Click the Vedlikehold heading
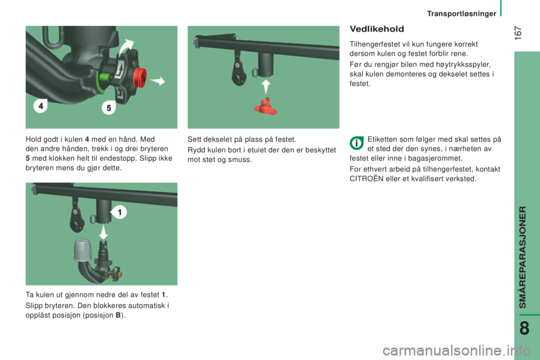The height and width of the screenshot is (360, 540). pyautogui.click(x=377, y=29)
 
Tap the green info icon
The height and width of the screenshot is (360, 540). pyautogui.click(x=357, y=143)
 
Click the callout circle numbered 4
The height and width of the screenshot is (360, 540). pyautogui.click(x=40, y=105)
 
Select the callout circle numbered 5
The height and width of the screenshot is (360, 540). pyautogui.click(x=109, y=108)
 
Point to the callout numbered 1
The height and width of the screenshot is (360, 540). pyautogui.click(x=119, y=212)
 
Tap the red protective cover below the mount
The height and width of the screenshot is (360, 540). pyautogui.click(x=265, y=106)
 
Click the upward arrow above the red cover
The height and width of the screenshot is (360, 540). pyautogui.click(x=265, y=87)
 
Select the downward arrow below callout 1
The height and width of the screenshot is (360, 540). pyautogui.click(x=103, y=232)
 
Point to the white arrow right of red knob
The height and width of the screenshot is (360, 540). pyautogui.click(x=158, y=82)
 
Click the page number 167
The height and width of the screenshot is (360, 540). pyautogui.click(x=518, y=33)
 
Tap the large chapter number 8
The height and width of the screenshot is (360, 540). pyautogui.click(x=524, y=328)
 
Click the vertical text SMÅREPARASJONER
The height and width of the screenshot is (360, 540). pyautogui.click(x=523, y=257)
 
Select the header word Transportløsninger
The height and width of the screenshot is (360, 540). pyautogui.click(x=461, y=13)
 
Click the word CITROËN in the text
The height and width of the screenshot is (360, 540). pyautogui.click(x=366, y=178)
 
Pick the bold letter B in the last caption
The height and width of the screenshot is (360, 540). pyautogui.click(x=118, y=315)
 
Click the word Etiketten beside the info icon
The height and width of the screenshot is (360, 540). pyautogui.click(x=382, y=139)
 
